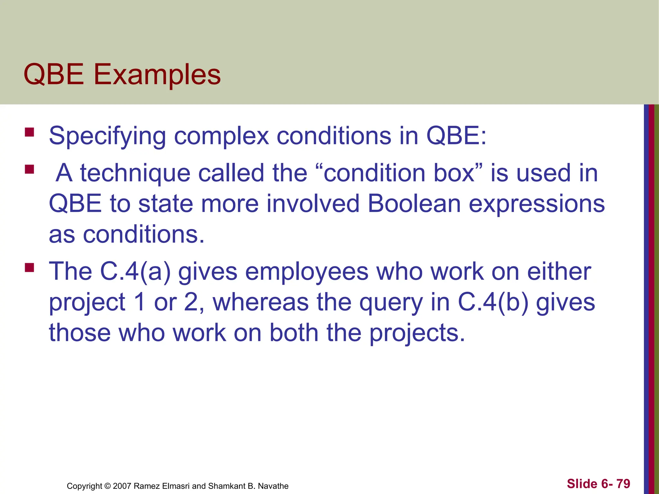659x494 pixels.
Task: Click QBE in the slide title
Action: coord(54,75)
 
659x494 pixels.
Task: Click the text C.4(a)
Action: coord(135,272)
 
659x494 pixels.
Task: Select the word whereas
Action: coord(261,303)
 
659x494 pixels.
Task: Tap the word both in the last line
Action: coord(294,333)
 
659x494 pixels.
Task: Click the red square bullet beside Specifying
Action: coord(29,132)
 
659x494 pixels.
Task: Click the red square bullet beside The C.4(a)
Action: coord(29,268)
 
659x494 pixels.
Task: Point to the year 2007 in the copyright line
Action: coord(122,486)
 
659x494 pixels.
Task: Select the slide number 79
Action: coord(623,484)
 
